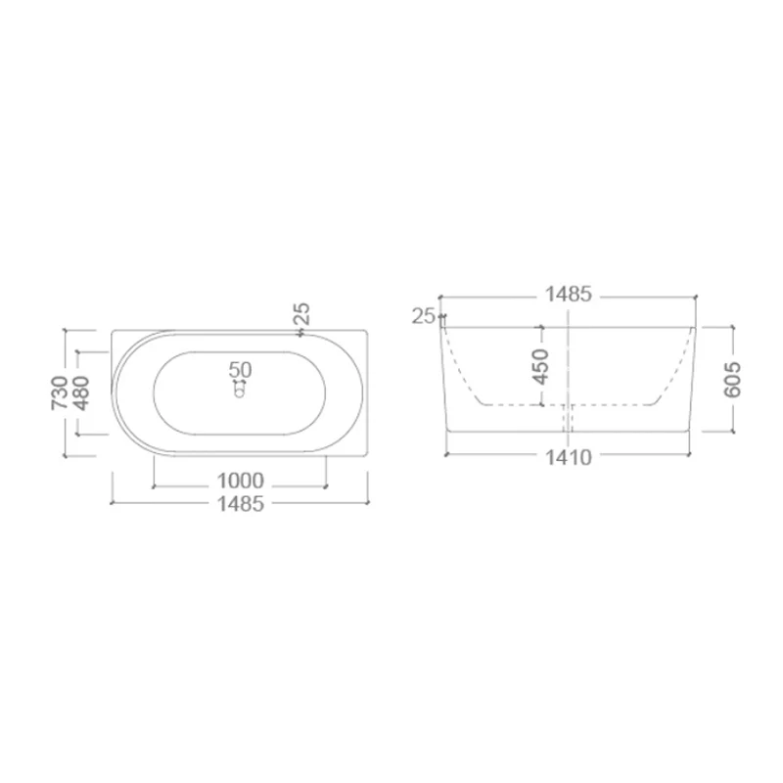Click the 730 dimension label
(59, 393)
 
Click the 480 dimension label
(81, 393)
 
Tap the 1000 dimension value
(240, 481)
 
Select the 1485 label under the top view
(240, 504)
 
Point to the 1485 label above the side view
(569, 295)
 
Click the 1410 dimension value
(569, 457)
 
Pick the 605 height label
(732, 380)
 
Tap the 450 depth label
(540, 367)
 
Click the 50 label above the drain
(240, 370)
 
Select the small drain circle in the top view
(240, 392)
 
